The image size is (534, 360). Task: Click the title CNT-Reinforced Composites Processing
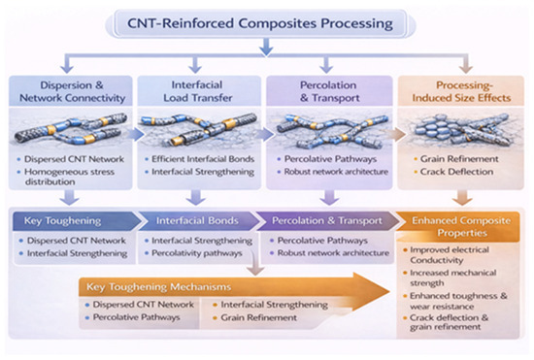click(x=260, y=23)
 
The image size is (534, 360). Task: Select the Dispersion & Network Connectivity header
click(x=72, y=91)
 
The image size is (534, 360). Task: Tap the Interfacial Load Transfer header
click(x=197, y=91)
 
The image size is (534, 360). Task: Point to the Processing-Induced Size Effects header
click(x=461, y=91)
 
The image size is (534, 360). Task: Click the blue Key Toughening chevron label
click(x=62, y=221)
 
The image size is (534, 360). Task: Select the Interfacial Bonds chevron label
click(x=197, y=221)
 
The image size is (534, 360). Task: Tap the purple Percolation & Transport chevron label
click(x=327, y=221)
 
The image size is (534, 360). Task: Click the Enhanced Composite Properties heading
click(x=461, y=227)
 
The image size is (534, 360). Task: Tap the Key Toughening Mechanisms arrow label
click(x=158, y=287)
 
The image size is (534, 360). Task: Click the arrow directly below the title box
click(x=266, y=47)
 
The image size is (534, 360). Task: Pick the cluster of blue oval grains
click(x=435, y=128)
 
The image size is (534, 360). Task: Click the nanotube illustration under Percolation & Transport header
click(x=332, y=131)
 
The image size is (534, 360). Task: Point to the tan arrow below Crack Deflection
click(x=462, y=197)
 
